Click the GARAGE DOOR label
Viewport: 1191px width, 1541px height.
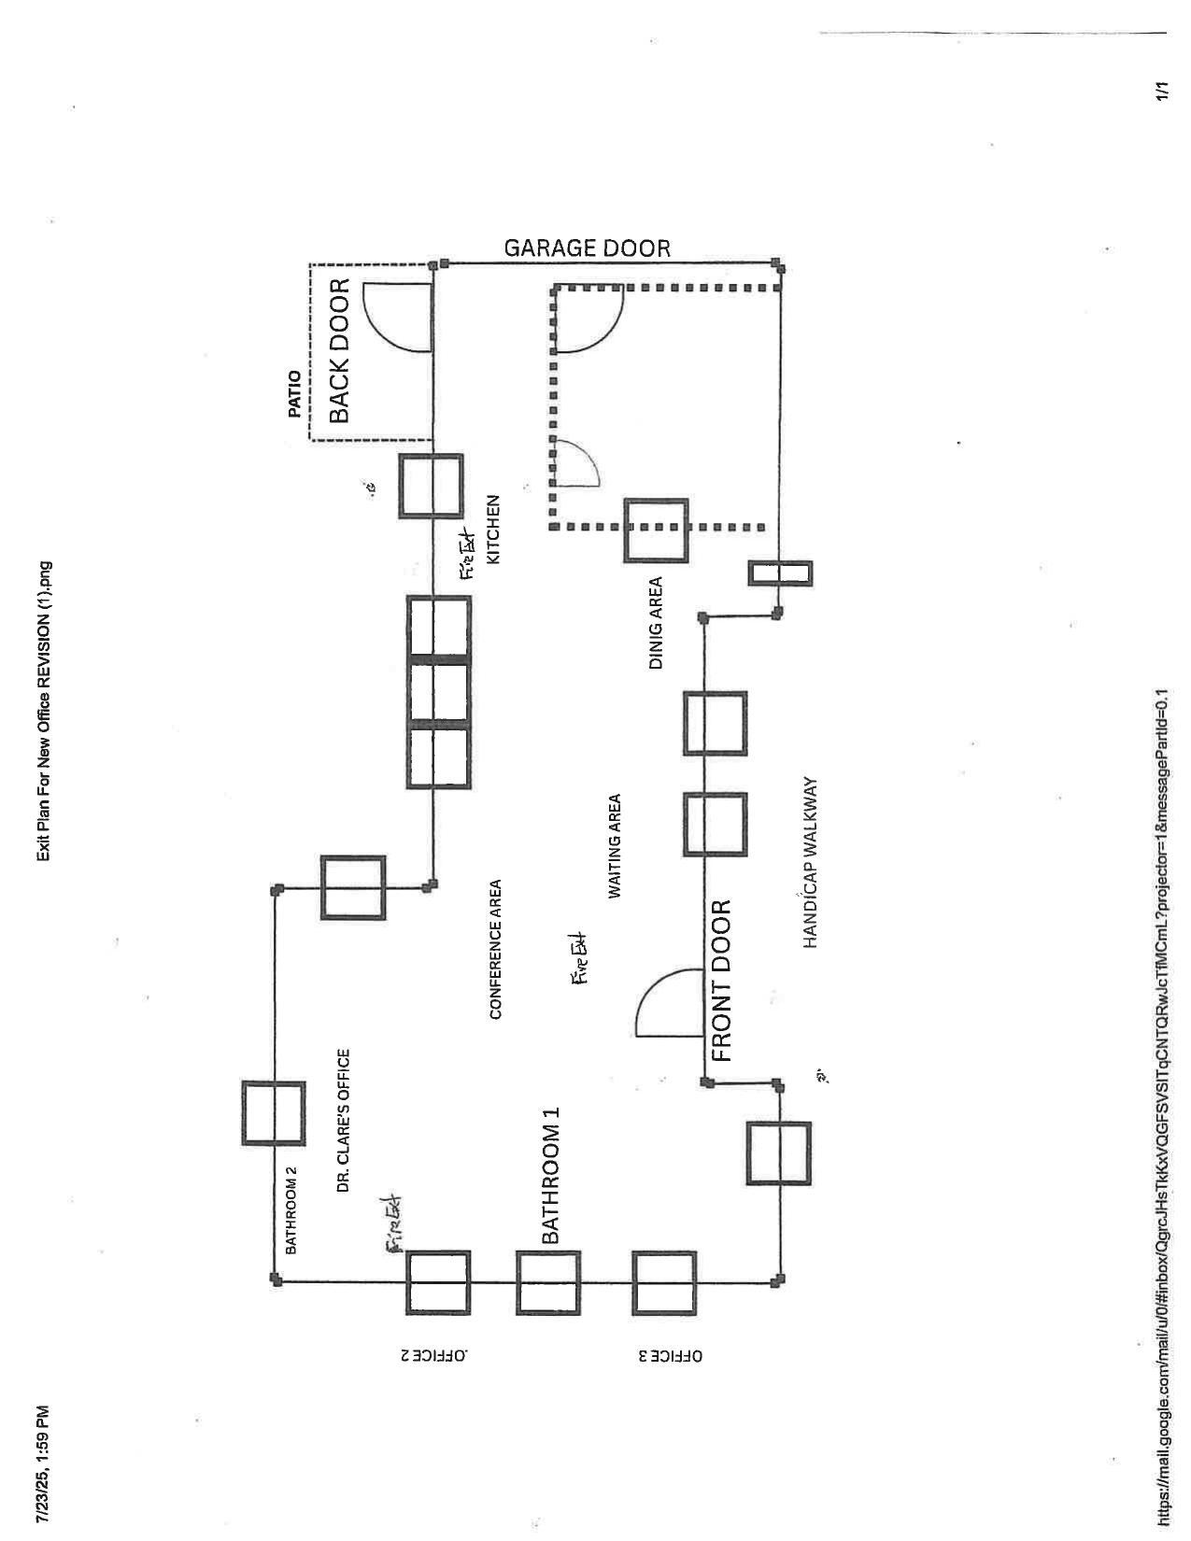pyautogui.click(x=587, y=248)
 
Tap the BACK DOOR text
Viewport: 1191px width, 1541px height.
pyautogui.click(x=339, y=350)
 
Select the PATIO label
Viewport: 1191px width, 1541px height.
pyautogui.click(x=295, y=393)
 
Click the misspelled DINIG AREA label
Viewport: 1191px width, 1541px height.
pyautogui.click(x=656, y=623)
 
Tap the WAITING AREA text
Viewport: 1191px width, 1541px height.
pyautogui.click(x=615, y=846)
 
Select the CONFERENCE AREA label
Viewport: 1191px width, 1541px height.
pyautogui.click(x=496, y=949)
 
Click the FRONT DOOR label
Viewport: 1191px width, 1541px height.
pyautogui.click(x=721, y=981)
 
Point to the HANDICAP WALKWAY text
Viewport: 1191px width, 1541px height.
pyautogui.click(x=810, y=863)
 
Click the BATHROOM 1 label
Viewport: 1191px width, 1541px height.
pyautogui.click(x=550, y=1176)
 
